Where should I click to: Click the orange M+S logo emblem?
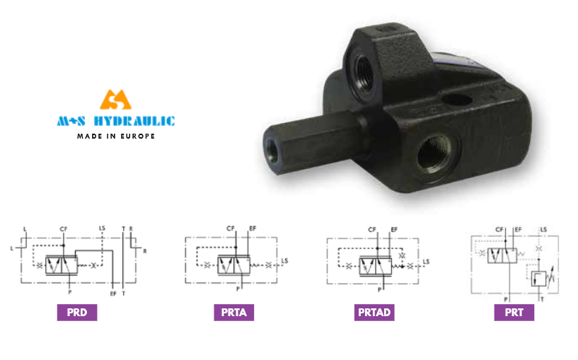(x=115, y=100)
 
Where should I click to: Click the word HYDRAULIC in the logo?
(x=134, y=121)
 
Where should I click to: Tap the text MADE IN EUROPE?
(x=116, y=137)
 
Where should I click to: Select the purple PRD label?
(x=77, y=313)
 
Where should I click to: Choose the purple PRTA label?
(x=233, y=313)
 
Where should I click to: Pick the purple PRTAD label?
(x=374, y=313)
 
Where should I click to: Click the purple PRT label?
(x=514, y=313)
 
